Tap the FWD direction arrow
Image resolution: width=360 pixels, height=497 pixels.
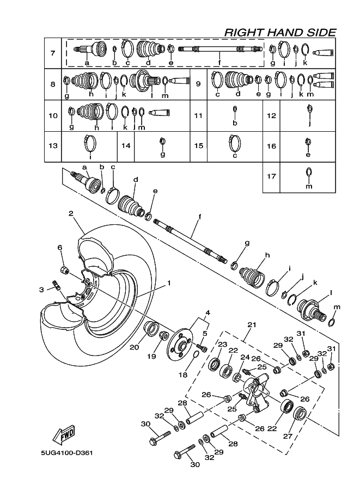point(64,434)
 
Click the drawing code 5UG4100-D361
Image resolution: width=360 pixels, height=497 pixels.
point(68,453)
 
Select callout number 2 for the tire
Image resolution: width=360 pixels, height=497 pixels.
point(70,213)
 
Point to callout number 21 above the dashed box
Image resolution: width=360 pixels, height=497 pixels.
point(251,324)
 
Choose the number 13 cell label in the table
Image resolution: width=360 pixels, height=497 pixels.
point(53,146)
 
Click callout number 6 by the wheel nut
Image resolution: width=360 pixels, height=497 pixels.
point(60,248)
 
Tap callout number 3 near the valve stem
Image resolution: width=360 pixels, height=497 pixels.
point(41,290)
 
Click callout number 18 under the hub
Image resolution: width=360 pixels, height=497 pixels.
point(182,375)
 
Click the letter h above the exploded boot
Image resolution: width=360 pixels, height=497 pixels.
point(267,255)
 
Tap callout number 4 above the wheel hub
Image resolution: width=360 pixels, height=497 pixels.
point(207,313)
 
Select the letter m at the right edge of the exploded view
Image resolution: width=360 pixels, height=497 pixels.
point(336,307)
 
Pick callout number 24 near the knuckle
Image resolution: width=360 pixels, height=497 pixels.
point(245,358)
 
